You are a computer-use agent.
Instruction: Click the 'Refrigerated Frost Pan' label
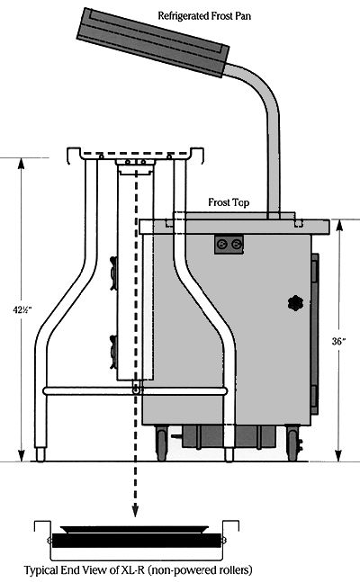pyautogui.click(x=204, y=16)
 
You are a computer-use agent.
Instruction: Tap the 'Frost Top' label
pyautogui.click(x=229, y=202)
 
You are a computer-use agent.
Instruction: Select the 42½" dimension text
pyautogui.click(x=22, y=310)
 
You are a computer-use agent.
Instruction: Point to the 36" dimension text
pyautogui.click(x=338, y=341)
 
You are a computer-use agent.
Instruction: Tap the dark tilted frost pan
pyautogui.click(x=152, y=42)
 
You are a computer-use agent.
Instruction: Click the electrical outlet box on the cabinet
pyautogui.click(x=229, y=245)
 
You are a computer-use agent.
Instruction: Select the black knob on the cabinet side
pyautogui.click(x=295, y=303)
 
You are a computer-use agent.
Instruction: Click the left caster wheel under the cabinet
pyautogui.click(x=162, y=443)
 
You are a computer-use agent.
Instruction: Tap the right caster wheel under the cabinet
pyautogui.click(x=293, y=443)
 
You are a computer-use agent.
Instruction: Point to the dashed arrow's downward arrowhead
pyautogui.click(x=136, y=511)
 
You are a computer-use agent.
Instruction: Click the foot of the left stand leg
pyautogui.click(x=40, y=454)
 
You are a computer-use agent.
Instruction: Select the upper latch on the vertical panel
pyautogui.click(x=113, y=273)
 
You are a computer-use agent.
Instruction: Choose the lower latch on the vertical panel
pyautogui.click(x=113, y=352)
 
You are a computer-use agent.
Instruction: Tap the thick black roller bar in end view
pyautogui.click(x=136, y=541)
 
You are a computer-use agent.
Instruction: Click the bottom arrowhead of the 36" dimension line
pyautogui.click(x=338, y=455)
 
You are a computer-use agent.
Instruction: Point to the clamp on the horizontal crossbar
pyautogui.click(x=136, y=388)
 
